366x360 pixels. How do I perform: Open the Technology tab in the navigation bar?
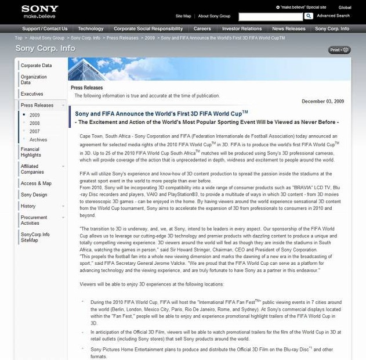[90, 28]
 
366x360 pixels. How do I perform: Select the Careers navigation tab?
[202, 28]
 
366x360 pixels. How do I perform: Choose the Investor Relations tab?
[242, 28]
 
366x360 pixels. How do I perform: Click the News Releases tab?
[288, 28]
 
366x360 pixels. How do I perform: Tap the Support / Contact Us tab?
[45, 28]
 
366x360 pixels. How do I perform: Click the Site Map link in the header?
[183, 16]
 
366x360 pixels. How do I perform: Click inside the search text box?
[270, 16]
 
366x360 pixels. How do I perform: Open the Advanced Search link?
[333, 16]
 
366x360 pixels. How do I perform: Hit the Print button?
[339, 50]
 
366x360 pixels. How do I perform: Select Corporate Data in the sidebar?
[36, 66]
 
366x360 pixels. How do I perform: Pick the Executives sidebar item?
[32, 94]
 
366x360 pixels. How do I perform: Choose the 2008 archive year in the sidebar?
[35, 123]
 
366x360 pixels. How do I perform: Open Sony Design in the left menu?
[34, 195]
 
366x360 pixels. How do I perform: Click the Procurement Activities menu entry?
[34, 220]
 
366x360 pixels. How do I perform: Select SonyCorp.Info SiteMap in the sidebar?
[35, 237]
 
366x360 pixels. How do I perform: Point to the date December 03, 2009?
[322, 102]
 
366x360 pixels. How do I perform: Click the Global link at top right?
[345, 8]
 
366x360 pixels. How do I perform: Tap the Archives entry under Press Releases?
[38, 139]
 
